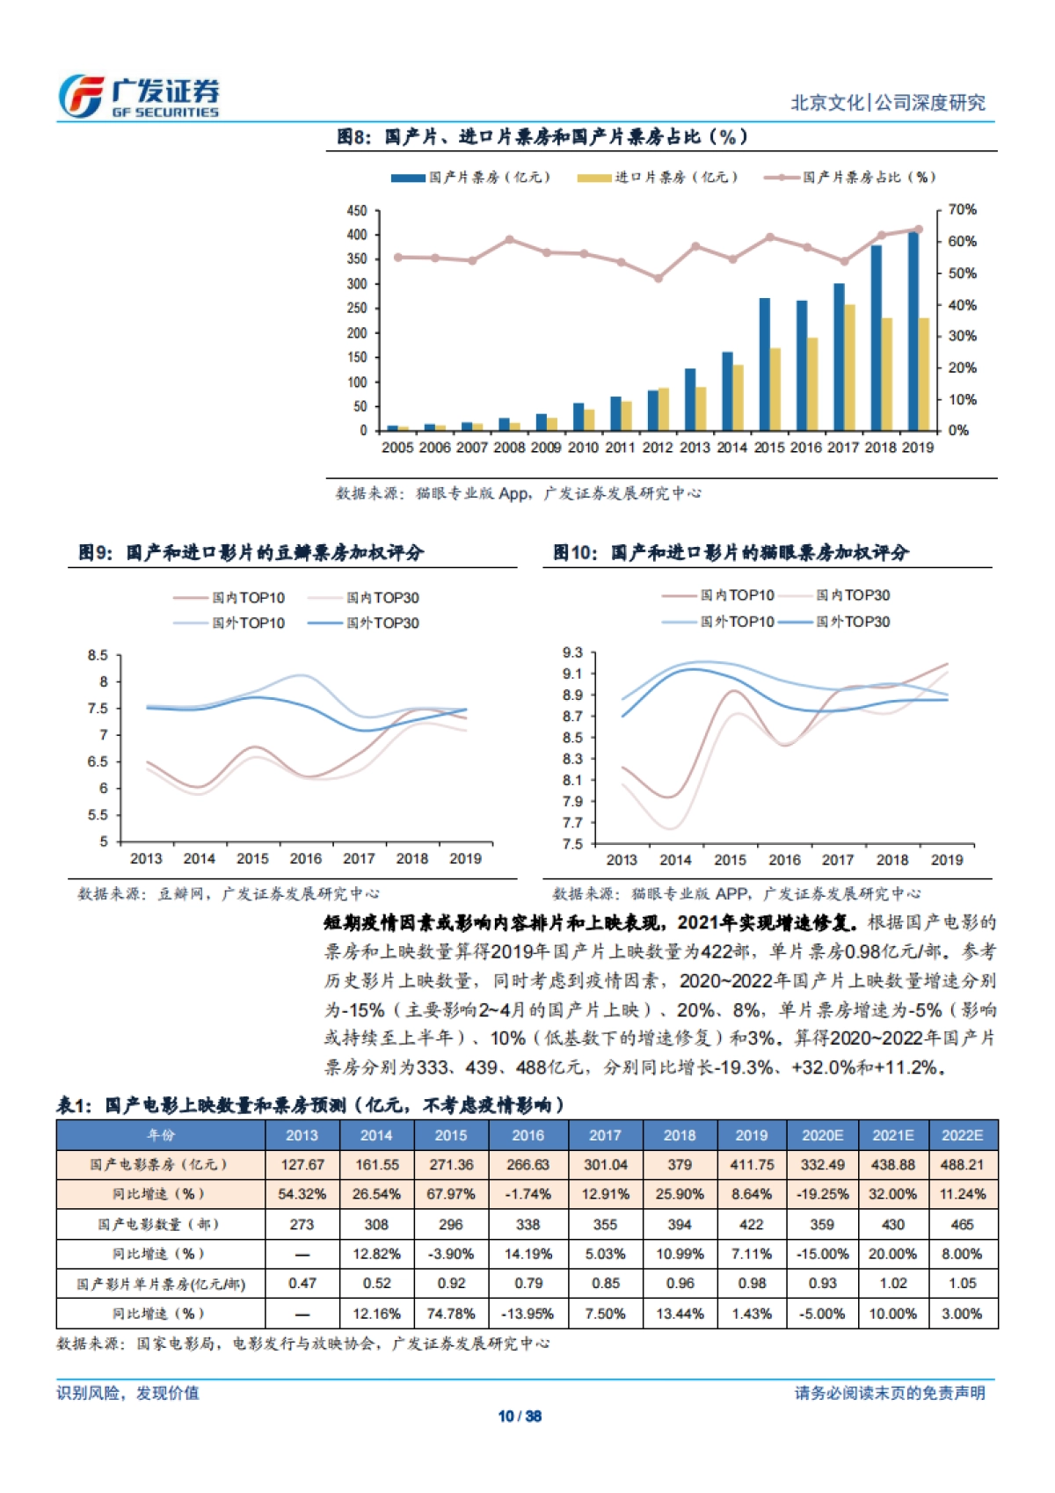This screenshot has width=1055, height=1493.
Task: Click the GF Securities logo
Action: point(138,96)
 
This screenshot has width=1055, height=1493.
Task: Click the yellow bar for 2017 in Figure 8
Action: point(849,368)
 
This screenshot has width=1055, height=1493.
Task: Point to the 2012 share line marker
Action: point(658,278)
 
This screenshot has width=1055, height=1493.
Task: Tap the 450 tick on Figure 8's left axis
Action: point(357,211)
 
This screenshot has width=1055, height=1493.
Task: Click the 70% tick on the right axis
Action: point(962,209)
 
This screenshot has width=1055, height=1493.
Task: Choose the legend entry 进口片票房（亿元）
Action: point(658,178)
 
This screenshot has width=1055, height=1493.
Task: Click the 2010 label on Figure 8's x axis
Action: point(583,448)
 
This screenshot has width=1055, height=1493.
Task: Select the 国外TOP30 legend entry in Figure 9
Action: point(364,623)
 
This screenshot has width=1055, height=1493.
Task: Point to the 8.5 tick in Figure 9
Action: point(98,655)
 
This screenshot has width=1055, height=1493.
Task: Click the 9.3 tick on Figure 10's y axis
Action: point(572,652)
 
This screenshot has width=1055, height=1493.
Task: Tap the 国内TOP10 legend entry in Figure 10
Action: point(719,595)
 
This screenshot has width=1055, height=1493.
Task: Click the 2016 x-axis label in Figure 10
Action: point(784,860)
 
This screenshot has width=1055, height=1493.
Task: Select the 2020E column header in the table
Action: point(822,1135)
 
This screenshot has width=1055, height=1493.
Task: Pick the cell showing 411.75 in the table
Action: point(751,1165)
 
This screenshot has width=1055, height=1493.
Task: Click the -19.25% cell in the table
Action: point(822,1195)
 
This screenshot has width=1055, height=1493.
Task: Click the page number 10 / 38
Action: point(520,1417)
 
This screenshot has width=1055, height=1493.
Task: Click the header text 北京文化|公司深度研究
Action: point(888,103)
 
